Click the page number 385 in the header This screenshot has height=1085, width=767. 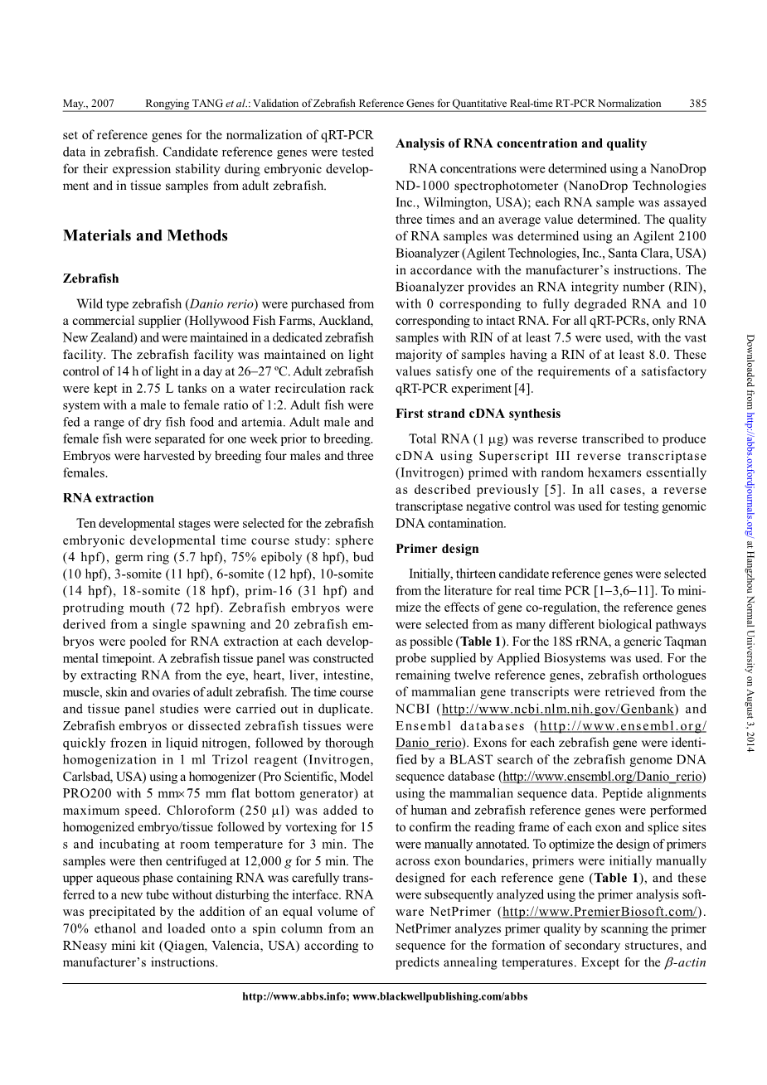point(697,104)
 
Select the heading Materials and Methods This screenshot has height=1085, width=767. point(145,236)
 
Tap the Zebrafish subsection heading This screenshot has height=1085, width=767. point(91,279)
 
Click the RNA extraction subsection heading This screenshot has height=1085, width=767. point(109,498)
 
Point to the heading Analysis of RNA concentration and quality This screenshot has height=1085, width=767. point(521,143)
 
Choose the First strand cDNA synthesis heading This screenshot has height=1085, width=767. point(478,414)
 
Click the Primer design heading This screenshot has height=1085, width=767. point(437,549)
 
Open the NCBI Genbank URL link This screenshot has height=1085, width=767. point(558,709)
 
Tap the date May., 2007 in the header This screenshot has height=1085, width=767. point(89,104)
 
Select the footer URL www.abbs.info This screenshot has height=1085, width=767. point(294,996)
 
